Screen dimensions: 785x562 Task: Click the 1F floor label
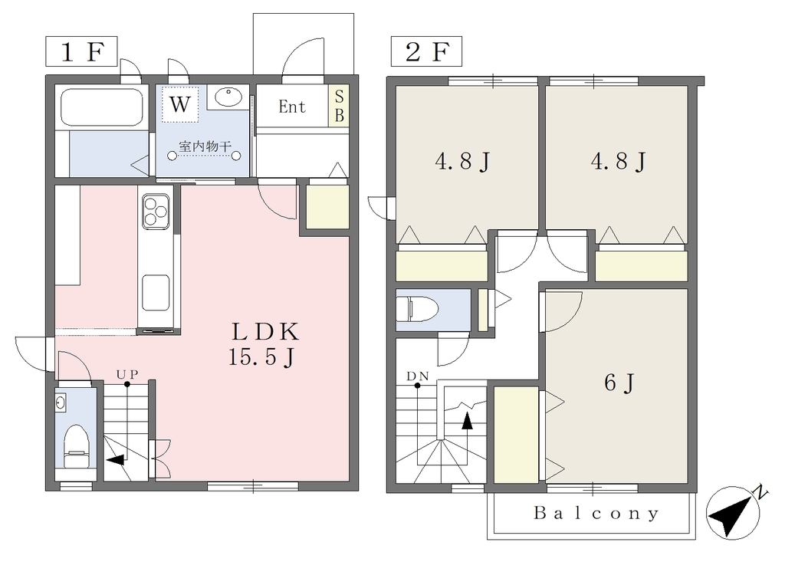point(81,51)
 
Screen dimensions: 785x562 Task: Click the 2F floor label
point(426,51)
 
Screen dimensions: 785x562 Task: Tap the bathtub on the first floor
point(102,107)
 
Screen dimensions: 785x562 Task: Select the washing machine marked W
point(179,104)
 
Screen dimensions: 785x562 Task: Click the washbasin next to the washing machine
point(228,97)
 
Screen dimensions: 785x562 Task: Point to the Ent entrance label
point(292,107)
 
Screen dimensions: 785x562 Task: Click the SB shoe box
point(339,106)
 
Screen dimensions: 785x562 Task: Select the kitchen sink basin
point(156,293)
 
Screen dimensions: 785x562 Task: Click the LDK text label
point(265,331)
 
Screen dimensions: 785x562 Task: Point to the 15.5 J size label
point(261,357)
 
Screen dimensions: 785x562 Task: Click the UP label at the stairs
point(127,374)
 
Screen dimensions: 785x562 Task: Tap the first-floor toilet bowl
point(77,443)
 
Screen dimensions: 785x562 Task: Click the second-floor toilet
point(418,309)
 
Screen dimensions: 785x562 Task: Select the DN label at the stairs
point(418,376)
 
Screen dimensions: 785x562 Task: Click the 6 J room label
point(619,383)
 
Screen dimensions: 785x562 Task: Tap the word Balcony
point(596,514)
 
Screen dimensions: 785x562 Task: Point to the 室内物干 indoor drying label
point(205,146)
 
